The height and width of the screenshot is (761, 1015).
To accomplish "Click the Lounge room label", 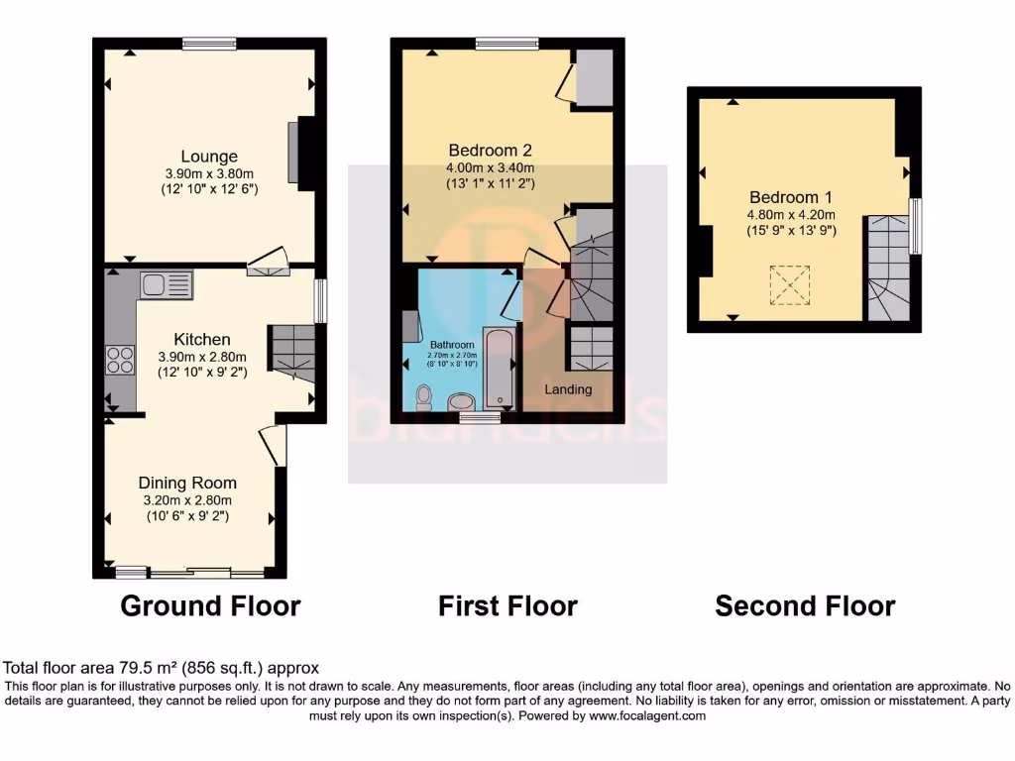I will point(209,157).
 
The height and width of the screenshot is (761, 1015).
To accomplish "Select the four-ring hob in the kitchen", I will point(120,359).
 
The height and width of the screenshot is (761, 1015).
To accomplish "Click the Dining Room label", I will point(187,484).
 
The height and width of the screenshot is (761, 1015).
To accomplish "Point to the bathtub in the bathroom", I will point(498,368).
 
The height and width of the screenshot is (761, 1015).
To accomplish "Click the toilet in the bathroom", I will point(424,396).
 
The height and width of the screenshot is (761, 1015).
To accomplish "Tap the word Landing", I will point(569,389).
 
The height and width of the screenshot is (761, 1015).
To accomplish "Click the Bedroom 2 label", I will point(490,151).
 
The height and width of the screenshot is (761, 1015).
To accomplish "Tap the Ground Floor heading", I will point(210,605).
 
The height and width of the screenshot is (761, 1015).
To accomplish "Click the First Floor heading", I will point(507,605).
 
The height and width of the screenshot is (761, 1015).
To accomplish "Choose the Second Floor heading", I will point(805,605).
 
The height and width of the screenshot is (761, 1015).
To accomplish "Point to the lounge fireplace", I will point(294,152).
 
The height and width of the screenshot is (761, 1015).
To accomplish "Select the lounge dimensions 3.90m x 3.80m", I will point(209,173).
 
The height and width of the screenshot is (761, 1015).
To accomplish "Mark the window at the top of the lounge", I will point(209,43).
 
